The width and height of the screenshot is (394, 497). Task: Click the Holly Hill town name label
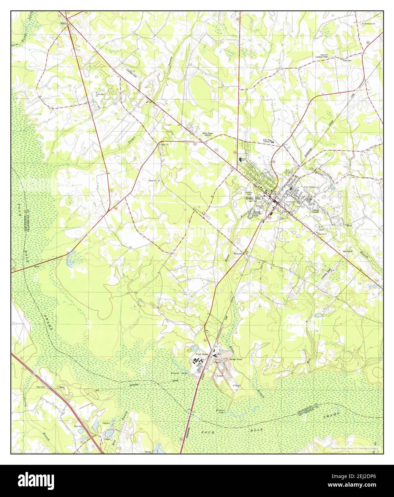tap(253, 198)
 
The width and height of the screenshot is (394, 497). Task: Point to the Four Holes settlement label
tap(201, 354)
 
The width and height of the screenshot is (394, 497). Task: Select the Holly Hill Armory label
tap(267, 141)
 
